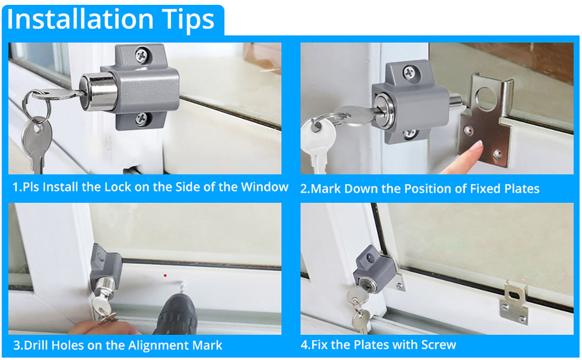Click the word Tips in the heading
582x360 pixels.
pos(188,21)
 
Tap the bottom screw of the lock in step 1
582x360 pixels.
pos(143,119)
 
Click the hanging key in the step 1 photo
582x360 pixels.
pos(37,145)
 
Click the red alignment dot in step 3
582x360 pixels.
pos(165,276)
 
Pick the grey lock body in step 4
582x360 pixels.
pos(374,270)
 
